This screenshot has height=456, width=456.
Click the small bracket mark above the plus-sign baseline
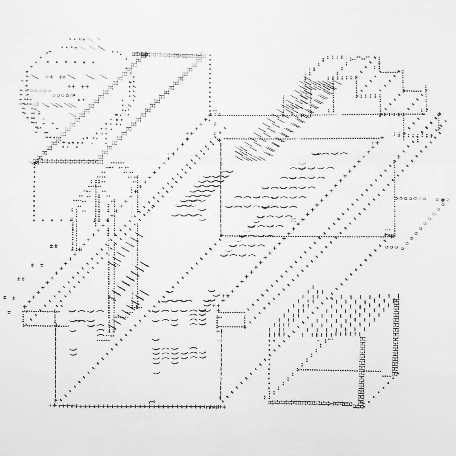[x=152, y=403]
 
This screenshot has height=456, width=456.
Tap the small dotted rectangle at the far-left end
[x=39, y=318]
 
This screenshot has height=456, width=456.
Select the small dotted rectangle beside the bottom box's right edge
[x=231, y=320]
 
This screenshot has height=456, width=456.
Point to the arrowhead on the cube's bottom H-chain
[x=330, y=403]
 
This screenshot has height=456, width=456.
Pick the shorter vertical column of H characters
[x=362, y=370]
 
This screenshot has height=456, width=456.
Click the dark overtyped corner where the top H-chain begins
[x=144, y=54]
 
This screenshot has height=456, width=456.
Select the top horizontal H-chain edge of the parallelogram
[x=176, y=55]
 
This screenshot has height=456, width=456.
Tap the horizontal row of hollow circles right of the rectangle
[x=410, y=199]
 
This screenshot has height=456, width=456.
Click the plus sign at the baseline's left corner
[x=55, y=406]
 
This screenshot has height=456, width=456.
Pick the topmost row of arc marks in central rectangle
[x=330, y=154]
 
